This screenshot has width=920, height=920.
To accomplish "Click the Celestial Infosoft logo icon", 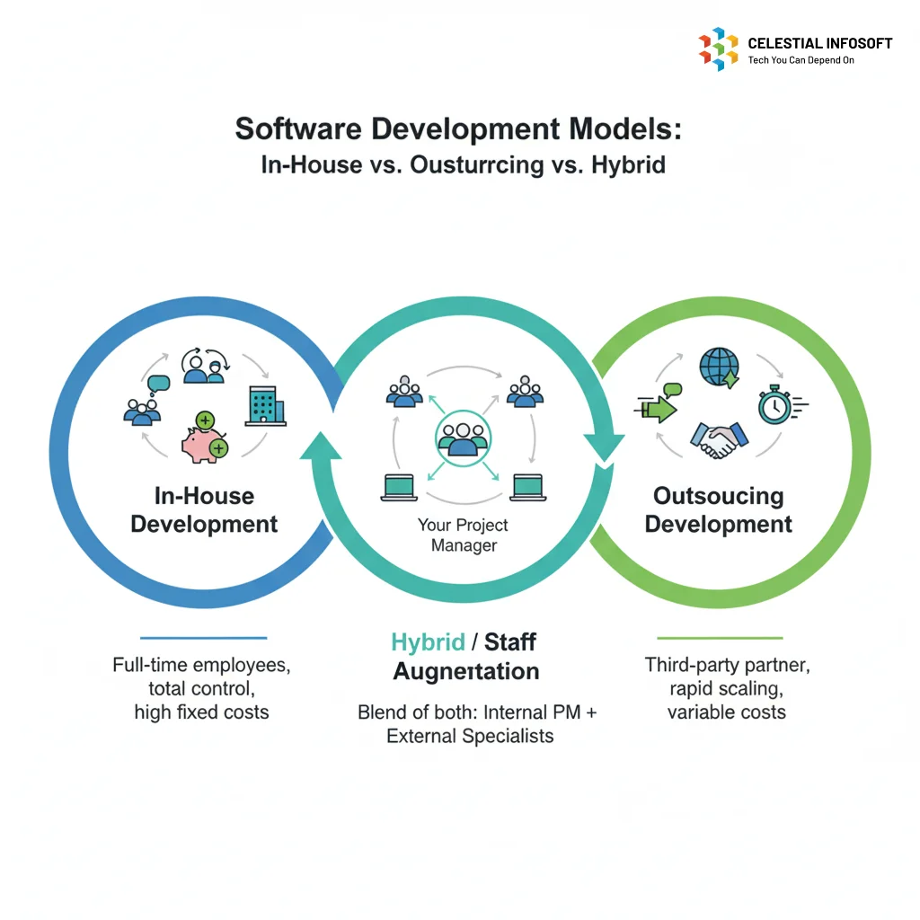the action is pos(718,49).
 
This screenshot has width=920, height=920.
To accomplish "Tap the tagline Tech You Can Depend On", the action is pos(801,60).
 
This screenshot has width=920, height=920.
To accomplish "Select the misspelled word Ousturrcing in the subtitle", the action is pos(477,165).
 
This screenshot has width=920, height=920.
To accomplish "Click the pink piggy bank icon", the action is pos(204,438).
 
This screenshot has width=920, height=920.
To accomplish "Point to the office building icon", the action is pos(265,405).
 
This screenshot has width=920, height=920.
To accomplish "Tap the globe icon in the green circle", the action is pos(720,367).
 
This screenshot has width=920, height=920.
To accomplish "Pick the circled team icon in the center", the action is pos(463,438).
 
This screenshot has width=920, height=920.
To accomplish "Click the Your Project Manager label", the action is pos(463,535).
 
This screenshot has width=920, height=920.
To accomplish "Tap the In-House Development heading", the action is pos(204,510).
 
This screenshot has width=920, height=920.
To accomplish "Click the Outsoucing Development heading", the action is pos(718,510).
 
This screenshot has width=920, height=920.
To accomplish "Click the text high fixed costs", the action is pos(202,712).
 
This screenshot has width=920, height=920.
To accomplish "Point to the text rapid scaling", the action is pos(726,689).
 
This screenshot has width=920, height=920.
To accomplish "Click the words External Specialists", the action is pos(470,736).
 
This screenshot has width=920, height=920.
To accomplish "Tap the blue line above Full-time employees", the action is pos(204,638).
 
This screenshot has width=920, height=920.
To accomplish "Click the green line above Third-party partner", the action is pos(720,638).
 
